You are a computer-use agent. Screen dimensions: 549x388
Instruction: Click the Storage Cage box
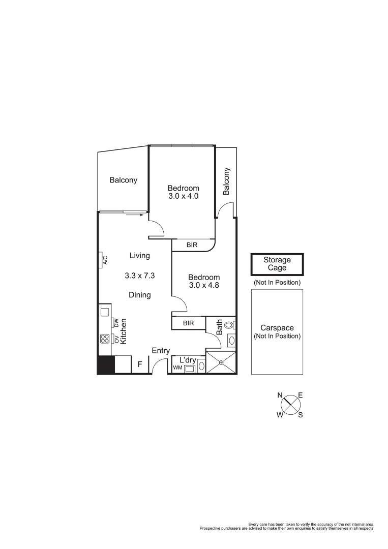tap(277, 264)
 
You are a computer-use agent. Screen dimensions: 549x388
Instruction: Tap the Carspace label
tap(277, 328)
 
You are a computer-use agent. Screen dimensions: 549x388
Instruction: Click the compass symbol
tap(290, 405)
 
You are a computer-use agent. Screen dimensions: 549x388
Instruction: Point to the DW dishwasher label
tap(116, 323)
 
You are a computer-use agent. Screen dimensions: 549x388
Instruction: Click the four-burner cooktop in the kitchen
tap(105, 339)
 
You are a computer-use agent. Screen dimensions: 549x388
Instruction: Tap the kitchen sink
tap(105, 312)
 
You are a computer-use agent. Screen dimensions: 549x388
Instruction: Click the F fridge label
tap(139, 364)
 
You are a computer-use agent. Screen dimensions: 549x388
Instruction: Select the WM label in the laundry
tap(177, 368)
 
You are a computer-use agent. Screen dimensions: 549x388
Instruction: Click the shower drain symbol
tap(221, 362)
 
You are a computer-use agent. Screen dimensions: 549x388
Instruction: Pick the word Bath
tap(219, 326)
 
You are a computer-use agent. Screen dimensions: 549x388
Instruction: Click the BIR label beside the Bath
tap(188, 323)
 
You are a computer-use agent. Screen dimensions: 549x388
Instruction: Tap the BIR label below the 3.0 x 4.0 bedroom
tap(192, 245)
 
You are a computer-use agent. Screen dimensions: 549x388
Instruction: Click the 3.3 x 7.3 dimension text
tap(139, 276)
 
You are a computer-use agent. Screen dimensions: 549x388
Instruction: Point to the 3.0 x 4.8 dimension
tap(204, 285)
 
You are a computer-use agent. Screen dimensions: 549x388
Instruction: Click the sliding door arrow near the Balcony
tap(133, 215)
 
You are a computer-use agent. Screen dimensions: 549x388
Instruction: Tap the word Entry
tap(161, 350)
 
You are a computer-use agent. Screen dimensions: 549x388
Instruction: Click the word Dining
tap(139, 295)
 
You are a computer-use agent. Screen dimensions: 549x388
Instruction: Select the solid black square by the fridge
tap(106, 365)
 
